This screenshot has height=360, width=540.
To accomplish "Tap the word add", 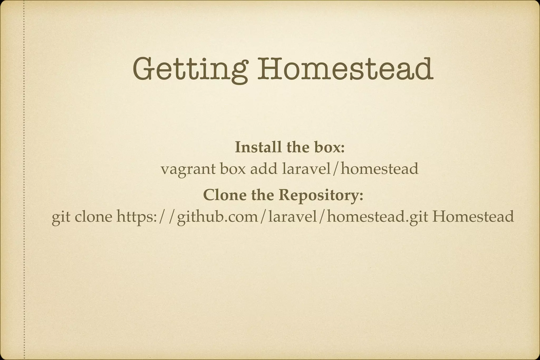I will (264, 169).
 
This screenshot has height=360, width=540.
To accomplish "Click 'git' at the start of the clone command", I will (61, 217).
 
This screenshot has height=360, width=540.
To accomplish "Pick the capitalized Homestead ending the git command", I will (473, 217).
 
